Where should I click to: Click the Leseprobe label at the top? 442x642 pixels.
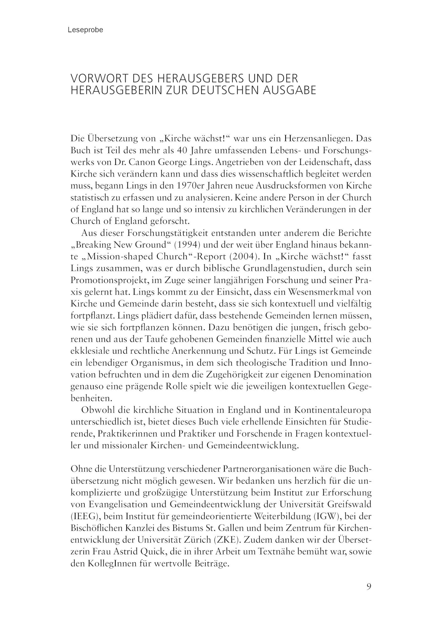(85, 30)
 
